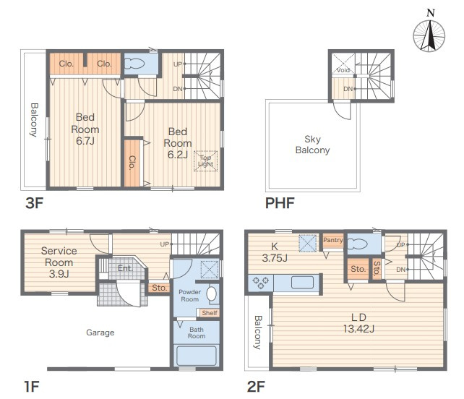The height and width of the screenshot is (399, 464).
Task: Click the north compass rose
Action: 429,36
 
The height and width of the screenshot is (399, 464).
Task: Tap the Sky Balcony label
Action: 312,145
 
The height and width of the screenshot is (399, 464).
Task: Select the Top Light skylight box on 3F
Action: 205,161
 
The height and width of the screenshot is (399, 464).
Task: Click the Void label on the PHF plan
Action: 343,70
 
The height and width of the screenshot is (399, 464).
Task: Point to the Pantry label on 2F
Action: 333,240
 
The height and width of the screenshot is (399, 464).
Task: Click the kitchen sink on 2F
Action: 302,283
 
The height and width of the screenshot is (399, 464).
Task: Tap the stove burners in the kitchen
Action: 260,282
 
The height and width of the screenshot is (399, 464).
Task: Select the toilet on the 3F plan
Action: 134,64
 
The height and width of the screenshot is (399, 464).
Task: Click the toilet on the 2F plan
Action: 358,244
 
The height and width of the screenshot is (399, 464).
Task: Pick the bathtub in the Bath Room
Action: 196,356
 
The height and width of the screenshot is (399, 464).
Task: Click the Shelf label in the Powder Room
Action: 210,313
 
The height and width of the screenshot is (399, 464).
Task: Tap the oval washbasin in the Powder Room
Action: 211,293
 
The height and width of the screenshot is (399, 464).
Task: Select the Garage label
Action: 100,332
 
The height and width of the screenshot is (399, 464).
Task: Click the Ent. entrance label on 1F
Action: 125,268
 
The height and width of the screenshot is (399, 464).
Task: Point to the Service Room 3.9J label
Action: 59,262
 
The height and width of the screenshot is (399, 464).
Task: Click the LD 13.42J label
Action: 358,323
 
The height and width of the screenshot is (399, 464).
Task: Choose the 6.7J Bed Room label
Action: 85,129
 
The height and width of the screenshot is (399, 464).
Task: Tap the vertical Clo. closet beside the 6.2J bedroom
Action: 132,163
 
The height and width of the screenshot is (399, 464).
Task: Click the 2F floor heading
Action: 256,387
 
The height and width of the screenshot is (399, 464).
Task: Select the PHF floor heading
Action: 280,203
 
